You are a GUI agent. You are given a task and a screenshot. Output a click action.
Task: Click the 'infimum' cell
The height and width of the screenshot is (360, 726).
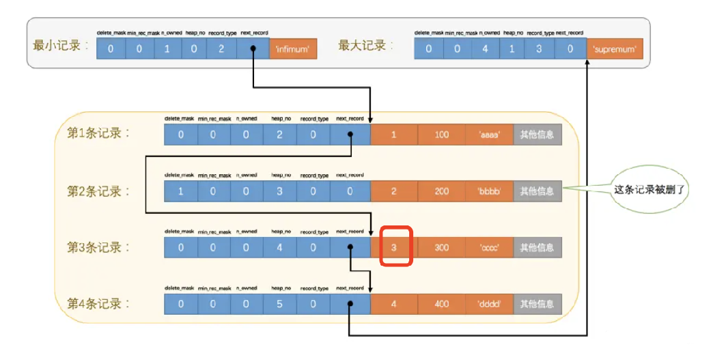[x=293, y=49]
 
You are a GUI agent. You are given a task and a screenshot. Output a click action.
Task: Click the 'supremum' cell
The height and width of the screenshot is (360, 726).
[x=615, y=49]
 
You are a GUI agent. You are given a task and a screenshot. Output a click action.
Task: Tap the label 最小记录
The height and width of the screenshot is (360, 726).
[x=61, y=46]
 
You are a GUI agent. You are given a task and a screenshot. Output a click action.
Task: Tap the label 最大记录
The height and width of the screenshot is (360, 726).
[x=363, y=46]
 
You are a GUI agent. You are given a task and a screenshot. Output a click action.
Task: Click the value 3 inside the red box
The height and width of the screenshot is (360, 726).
[x=394, y=247]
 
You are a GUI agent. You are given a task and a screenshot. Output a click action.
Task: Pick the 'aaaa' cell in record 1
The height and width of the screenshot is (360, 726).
[x=489, y=135]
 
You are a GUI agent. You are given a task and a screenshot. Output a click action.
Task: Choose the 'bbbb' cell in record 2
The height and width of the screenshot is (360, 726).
[x=489, y=191]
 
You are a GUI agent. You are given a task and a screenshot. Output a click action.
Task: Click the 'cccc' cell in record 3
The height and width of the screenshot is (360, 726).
[x=489, y=247]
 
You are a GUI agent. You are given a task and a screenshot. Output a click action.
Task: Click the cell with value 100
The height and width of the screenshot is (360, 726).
[x=442, y=135]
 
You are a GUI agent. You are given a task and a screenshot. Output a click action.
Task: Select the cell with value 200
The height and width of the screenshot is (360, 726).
[x=442, y=191]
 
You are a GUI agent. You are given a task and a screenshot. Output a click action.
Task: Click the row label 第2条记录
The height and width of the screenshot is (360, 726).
[x=98, y=191]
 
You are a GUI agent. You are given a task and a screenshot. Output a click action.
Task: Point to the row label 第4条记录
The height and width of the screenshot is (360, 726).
[x=98, y=303]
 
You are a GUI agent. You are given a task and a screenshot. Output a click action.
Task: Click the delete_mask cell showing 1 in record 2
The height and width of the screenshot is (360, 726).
[x=181, y=191]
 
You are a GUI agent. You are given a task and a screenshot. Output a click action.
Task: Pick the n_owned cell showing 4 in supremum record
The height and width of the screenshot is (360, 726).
[x=485, y=49]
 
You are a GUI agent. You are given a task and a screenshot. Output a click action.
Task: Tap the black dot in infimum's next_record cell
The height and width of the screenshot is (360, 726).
[x=253, y=49]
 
